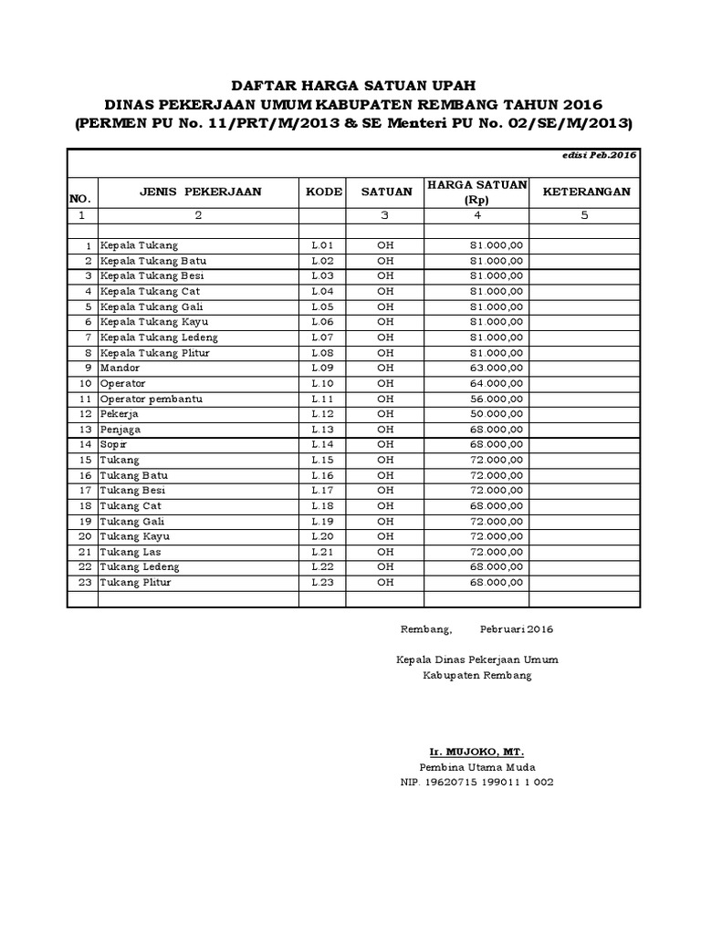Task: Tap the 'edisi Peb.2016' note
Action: [x=600, y=156]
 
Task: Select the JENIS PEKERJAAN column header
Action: [x=200, y=192]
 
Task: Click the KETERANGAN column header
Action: [x=585, y=192]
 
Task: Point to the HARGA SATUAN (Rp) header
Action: [x=476, y=192]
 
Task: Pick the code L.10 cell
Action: [x=323, y=383]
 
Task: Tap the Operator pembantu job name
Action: [x=152, y=399]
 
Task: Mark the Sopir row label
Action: [x=114, y=444]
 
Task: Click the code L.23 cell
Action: [x=323, y=582]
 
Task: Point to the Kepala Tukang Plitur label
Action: [x=151, y=352]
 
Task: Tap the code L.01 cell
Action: [x=323, y=245]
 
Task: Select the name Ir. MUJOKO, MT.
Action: [x=476, y=752]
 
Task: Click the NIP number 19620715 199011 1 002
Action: [x=476, y=783]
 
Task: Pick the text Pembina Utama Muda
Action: [x=476, y=767]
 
